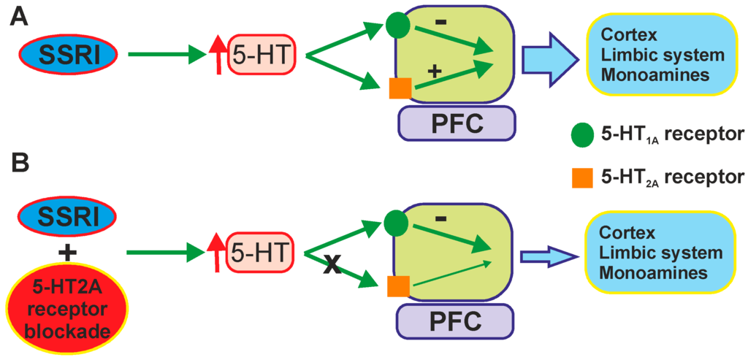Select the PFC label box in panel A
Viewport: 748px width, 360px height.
click(x=457, y=122)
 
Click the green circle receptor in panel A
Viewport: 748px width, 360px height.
click(x=398, y=26)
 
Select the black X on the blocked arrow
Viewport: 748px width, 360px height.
click(x=332, y=266)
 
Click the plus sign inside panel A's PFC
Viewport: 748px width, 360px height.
click(x=433, y=71)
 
